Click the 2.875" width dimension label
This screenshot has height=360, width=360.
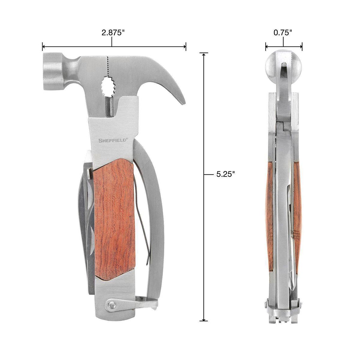pos(113,33)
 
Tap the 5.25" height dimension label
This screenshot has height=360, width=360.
pos(225,174)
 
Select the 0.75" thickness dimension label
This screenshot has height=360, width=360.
pos(283,33)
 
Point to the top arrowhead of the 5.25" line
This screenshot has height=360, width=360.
pos(204,54)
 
